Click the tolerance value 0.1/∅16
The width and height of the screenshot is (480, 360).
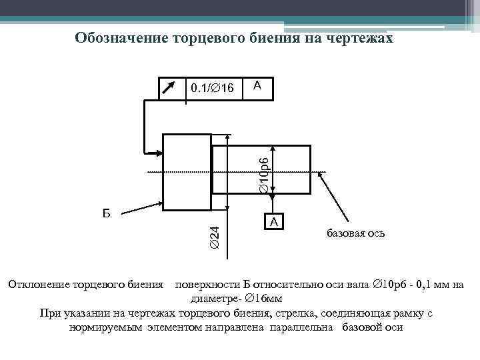pyautogui.click(x=212, y=88)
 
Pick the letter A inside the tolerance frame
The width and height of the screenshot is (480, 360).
pyautogui.click(x=257, y=85)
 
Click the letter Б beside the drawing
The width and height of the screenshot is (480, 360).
pyautogui.click(x=107, y=213)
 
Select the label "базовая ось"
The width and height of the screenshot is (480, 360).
pyautogui.click(x=355, y=234)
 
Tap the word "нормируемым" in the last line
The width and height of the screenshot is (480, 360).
pyautogui.click(x=106, y=327)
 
